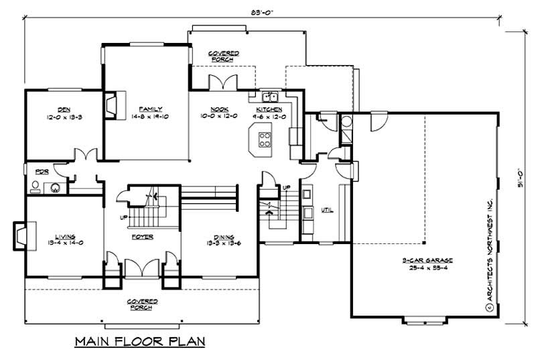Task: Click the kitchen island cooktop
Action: coord(265,140)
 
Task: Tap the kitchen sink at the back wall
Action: coord(269,96)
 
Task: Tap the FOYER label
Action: coord(143,237)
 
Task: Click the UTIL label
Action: coord(328,209)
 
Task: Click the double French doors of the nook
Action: coord(220,83)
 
